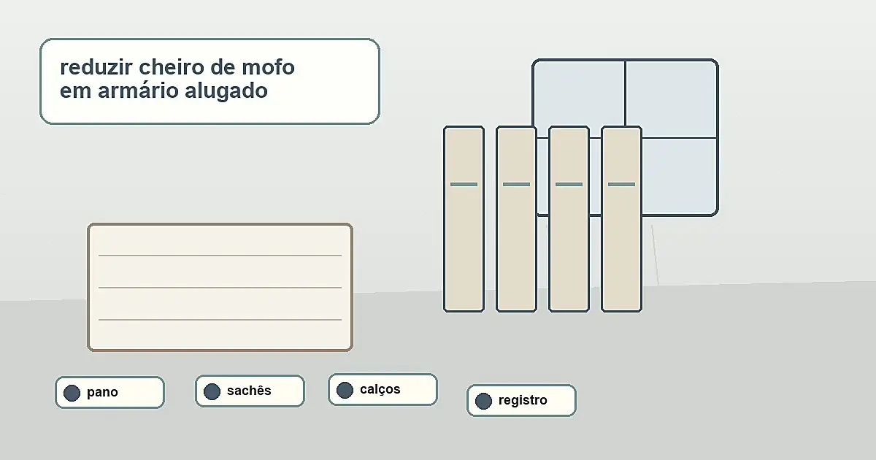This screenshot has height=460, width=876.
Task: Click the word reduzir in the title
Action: tap(96, 67)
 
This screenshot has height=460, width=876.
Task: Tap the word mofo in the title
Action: tap(268, 67)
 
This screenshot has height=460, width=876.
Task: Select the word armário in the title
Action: tap(138, 91)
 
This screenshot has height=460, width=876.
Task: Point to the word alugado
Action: tap(226, 91)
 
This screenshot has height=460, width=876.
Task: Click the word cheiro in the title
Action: tap(172, 67)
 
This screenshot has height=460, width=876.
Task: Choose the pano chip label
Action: tap(102, 392)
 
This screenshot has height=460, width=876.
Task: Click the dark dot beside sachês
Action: tap(212, 391)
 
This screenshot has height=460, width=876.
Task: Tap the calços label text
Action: tap(380, 390)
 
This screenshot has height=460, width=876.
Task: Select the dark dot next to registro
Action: tap(483, 402)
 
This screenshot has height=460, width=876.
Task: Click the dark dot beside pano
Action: tap(72, 393)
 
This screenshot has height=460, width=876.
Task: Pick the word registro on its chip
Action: tap(523, 401)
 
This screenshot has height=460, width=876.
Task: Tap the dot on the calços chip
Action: tap(345, 391)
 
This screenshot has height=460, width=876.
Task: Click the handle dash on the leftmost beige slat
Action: tap(464, 184)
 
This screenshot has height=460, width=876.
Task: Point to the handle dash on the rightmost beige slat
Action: tap(621, 184)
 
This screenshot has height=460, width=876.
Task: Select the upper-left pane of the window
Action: tap(579, 94)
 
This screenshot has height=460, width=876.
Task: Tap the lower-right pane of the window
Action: tap(680, 176)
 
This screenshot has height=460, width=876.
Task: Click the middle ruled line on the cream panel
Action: tap(220, 288)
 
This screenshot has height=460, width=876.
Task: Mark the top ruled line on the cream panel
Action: tap(220, 256)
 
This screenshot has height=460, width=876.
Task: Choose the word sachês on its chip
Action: tap(249, 391)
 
